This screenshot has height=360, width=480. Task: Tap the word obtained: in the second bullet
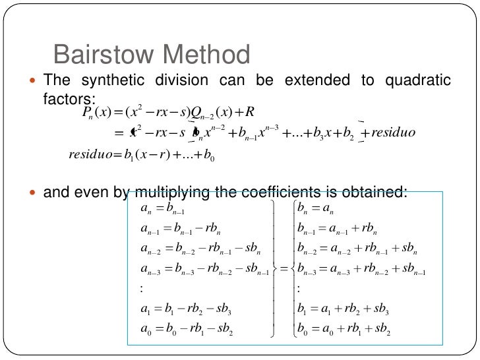pyautogui.click(x=372, y=193)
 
